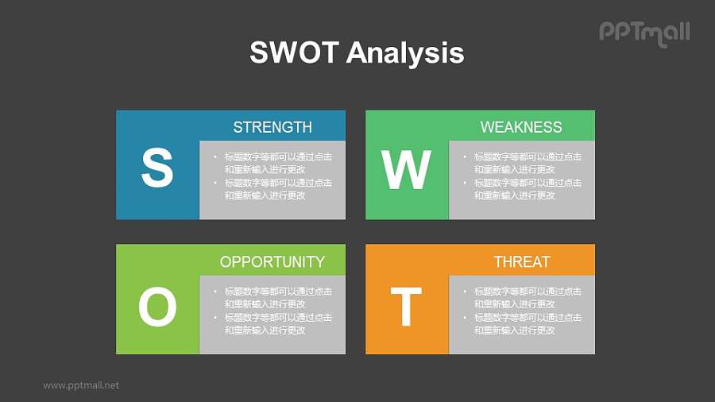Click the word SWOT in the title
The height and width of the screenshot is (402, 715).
(x=294, y=53)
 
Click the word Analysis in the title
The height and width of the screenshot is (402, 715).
(x=405, y=53)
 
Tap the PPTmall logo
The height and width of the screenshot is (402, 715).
(x=643, y=33)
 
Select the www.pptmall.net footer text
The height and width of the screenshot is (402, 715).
(x=81, y=385)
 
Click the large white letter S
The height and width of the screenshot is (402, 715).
(x=157, y=168)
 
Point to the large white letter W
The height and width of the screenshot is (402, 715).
(x=406, y=169)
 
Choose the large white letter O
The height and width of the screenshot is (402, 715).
(x=157, y=307)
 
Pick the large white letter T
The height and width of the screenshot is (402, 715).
(x=406, y=307)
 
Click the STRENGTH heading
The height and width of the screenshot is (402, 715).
(x=272, y=127)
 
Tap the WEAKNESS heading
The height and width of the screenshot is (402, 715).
(x=521, y=127)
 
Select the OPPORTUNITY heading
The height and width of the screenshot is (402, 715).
(x=272, y=261)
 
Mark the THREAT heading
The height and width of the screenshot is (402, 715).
(x=521, y=261)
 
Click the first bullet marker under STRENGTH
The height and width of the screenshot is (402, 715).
(x=215, y=157)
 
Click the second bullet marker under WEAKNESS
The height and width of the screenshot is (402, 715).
(x=465, y=183)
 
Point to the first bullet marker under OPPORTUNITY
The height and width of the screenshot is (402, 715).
(x=215, y=292)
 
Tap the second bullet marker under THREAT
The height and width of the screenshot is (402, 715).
(x=465, y=318)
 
